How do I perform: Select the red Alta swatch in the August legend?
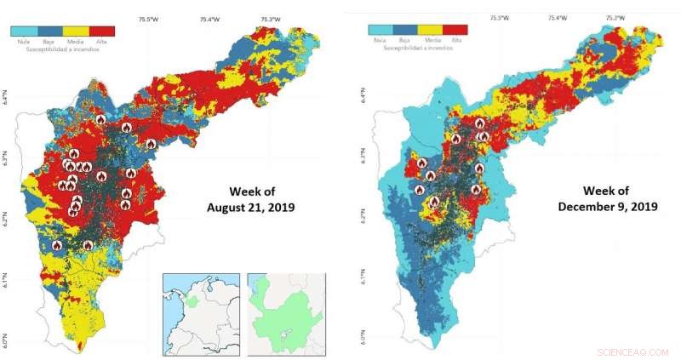point(101,31)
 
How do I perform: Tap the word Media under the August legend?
point(75,41)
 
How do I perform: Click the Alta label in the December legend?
point(456,40)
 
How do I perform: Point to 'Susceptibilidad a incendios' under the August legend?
point(62,49)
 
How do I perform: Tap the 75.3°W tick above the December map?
point(615,17)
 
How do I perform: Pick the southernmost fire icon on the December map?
point(434,202)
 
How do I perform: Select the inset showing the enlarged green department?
point(286,312)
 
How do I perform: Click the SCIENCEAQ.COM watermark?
point(634,351)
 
